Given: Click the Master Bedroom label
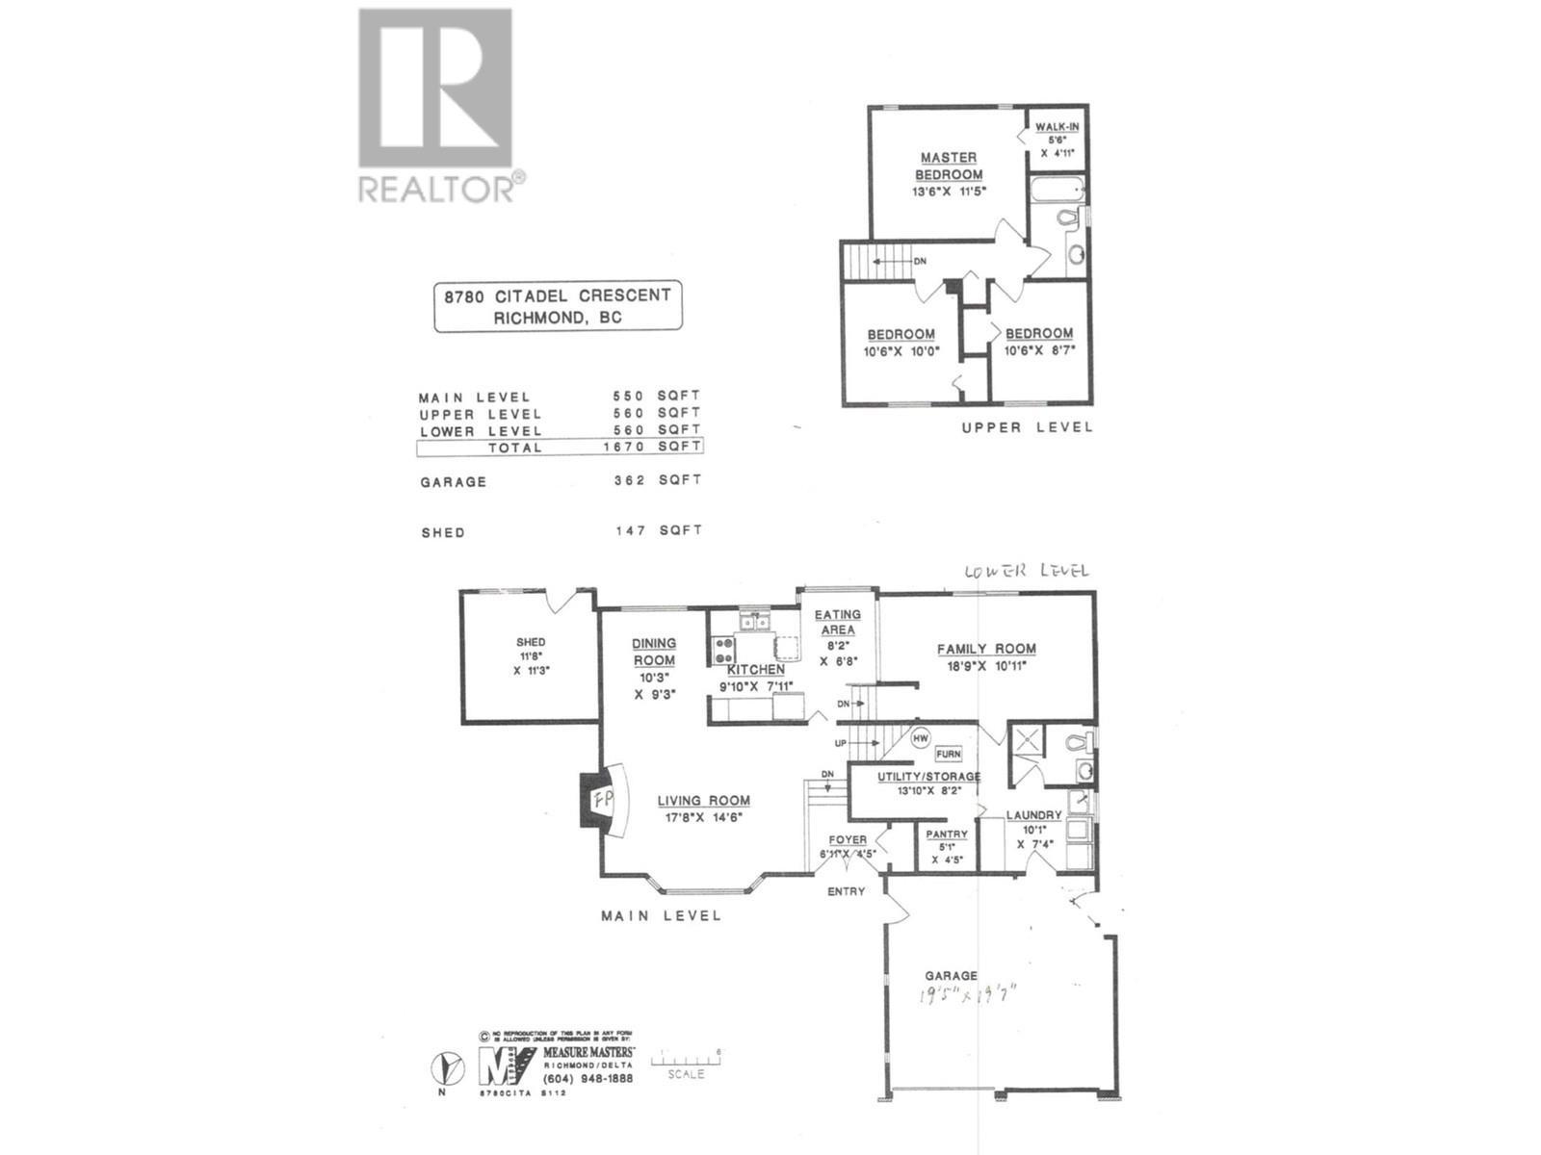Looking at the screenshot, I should coord(949,166).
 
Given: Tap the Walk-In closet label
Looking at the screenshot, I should coord(1057,127).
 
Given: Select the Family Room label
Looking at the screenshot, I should coord(986,649).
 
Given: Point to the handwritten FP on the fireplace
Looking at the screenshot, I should coord(603,798).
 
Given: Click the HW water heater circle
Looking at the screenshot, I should coord(921,738).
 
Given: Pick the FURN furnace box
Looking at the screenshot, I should coord(948,754).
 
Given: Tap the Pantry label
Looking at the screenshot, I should coord(947,834).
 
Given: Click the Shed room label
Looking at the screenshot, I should coord(531,642).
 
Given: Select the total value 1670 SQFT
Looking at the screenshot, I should coord(652,447).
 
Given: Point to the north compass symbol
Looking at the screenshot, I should coord(444,1067).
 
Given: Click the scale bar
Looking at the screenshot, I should coord(686,1061).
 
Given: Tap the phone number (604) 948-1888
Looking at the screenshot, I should coord(588,1078).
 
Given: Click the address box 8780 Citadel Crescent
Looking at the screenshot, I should coord(558,306).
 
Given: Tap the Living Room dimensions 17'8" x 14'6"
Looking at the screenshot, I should coord(703,818).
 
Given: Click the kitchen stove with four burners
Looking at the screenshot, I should coord(723,651).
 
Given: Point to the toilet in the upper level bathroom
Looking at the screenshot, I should coord(1067,218).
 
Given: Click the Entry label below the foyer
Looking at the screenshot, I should coord(847,891).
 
